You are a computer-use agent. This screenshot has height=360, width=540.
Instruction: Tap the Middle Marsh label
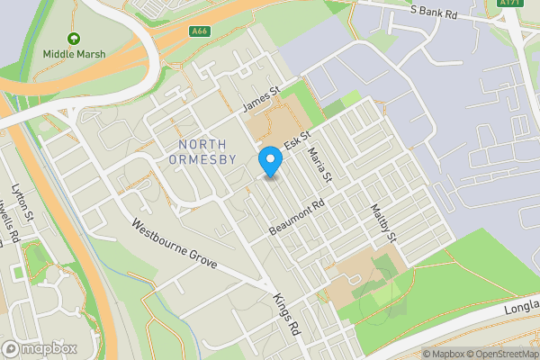pyautogui.click(x=74, y=54)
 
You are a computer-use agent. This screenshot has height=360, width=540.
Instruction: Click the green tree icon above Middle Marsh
pyautogui.click(x=74, y=40)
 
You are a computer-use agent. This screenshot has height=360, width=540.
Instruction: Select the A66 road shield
pyautogui.click(x=200, y=31)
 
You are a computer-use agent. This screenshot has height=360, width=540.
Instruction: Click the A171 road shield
pyautogui.click(x=510, y=3)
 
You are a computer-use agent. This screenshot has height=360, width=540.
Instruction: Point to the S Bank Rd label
pyautogui.click(x=434, y=13)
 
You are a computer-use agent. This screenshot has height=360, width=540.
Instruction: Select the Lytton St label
pyautogui.click(x=22, y=203)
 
